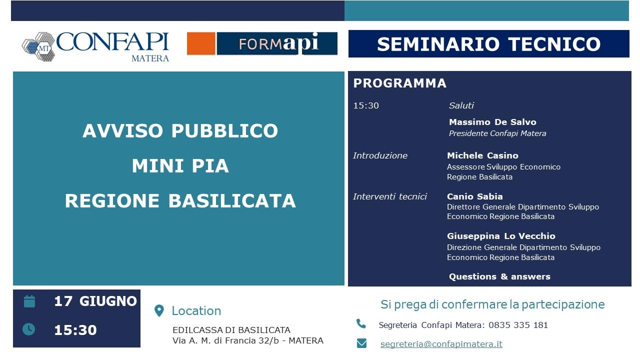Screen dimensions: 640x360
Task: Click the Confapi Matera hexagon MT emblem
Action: click(38, 46)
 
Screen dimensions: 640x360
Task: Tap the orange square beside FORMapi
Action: click(201, 43)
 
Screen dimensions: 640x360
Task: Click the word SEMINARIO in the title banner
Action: click(438, 44)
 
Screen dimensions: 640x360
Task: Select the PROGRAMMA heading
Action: click(399, 83)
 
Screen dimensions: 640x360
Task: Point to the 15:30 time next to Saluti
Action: click(366, 105)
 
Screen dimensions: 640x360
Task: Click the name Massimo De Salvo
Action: click(492, 122)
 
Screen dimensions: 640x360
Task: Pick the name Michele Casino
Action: click(482, 155)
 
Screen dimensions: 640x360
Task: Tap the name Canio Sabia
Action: click(475, 196)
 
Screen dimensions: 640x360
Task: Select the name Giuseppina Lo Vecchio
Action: click(501, 236)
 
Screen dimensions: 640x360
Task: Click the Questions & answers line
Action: click(499, 276)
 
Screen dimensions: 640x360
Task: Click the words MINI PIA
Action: click(180, 165)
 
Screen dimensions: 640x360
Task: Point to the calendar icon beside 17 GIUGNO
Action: click(29, 301)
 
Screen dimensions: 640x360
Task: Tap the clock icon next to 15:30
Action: click(29, 329)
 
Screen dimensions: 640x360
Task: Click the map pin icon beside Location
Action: click(159, 311)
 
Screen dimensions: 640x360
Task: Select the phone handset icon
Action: click(361, 323)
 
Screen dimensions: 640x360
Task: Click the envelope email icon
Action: click(361, 343)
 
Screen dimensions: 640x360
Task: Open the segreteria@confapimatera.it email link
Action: click(441, 344)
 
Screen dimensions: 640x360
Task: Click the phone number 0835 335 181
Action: click(518, 325)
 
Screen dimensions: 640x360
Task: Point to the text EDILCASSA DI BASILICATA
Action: click(231, 330)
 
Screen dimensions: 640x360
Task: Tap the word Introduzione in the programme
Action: click(380, 155)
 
